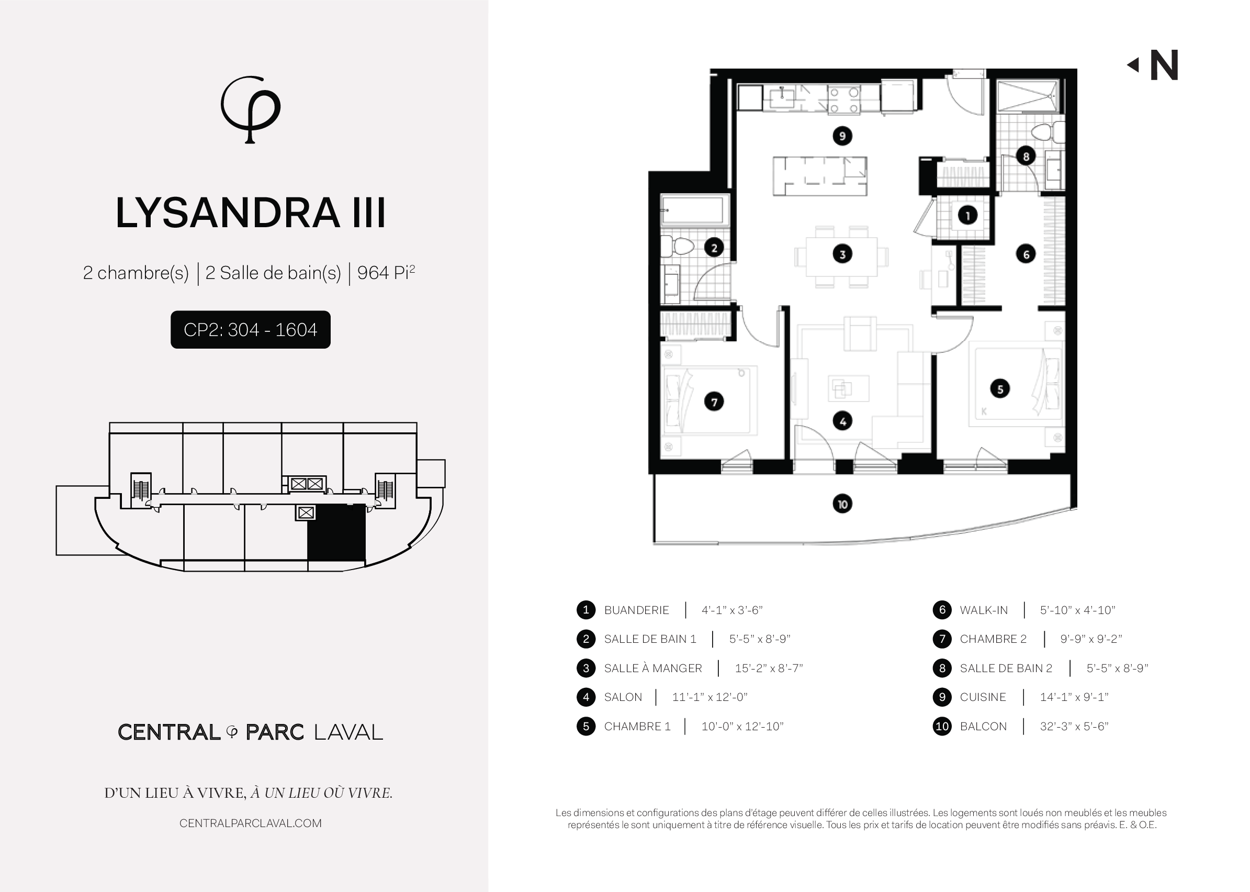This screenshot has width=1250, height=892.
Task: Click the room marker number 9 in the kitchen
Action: (842, 136)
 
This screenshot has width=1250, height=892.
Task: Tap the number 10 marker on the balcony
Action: (842, 504)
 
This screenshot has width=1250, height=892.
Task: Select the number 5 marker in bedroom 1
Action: (1000, 389)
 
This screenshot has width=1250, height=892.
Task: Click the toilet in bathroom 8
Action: (1048, 132)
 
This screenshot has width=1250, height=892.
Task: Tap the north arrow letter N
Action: (1164, 65)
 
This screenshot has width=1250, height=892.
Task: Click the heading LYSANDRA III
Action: (250, 213)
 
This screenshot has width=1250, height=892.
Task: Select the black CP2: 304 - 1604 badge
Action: (250, 330)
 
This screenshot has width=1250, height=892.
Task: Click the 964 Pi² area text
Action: (386, 272)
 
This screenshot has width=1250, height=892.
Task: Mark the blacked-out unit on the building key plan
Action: (336, 532)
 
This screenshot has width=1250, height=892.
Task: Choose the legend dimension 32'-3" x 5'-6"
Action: (1074, 726)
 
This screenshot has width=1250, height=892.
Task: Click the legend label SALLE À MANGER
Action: (652, 668)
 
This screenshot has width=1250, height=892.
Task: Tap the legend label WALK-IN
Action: (983, 610)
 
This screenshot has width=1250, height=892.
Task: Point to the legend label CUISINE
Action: (983, 697)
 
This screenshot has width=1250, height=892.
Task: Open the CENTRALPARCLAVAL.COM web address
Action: (250, 823)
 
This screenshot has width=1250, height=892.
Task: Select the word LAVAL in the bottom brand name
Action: (348, 732)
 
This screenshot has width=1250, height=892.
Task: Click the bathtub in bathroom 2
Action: (694, 209)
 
